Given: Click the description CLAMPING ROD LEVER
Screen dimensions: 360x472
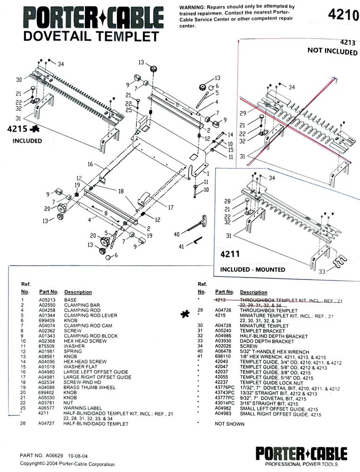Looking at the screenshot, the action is coord(91,315).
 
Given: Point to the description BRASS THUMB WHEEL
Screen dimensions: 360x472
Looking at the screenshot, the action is coord(89,387).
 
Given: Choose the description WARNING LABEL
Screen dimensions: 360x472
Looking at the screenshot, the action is coord(83,408).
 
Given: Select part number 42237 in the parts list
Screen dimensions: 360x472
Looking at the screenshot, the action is coord(222,382).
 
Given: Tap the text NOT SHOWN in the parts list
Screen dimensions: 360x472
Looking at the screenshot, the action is coord(229,424).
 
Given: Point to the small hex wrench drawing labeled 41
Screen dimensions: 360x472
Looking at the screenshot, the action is coord(198,241).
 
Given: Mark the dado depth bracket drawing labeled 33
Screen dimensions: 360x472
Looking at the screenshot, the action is coord(341,262).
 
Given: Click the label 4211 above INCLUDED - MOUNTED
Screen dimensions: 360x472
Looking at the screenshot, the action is coord(230,254).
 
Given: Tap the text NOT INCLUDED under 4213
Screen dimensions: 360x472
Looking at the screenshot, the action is coord(332,51).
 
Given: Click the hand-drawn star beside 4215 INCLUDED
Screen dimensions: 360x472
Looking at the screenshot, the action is coord(36,129).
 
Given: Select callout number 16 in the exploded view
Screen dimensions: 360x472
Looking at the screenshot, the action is coord(90,164).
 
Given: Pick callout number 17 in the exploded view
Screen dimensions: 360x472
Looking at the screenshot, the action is coord(171,207).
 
